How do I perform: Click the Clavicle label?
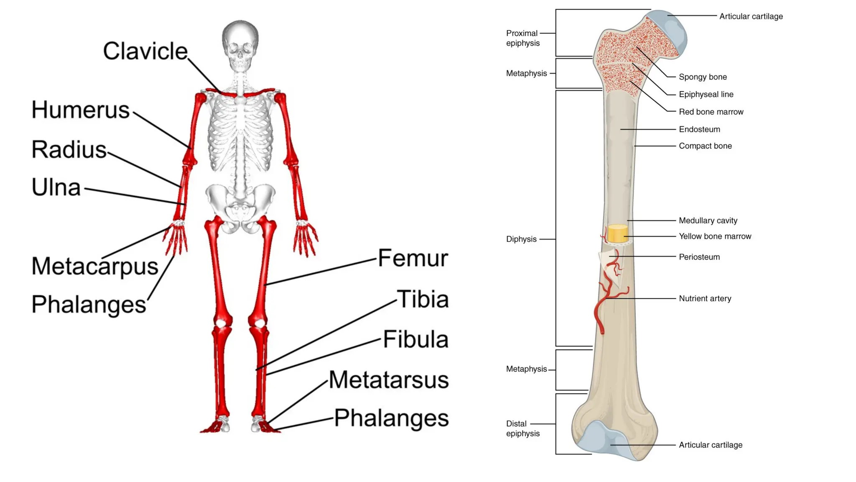[x=145, y=51]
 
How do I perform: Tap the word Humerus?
[x=81, y=110]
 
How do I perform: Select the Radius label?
[x=69, y=150]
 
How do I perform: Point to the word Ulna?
[x=56, y=187]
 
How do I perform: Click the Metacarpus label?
[x=95, y=266]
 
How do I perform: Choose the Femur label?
[x=413, y=258]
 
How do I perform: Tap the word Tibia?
[x=423, y=299]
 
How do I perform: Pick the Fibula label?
[x=415, y=339]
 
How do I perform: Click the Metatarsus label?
[x=389, y=380]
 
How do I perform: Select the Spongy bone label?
[x=703, y=77]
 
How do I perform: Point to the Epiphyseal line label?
[x=706, y=95]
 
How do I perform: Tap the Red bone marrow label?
[x=711, y=112]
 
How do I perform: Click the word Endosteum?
[x=699, y=130]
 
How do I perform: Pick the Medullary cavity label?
[x=708, y=220]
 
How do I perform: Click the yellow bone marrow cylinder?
[x=618, y=233]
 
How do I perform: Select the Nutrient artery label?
[x=705, y=299]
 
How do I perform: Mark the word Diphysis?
[x=521, y=239]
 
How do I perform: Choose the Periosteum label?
[x=699, y=257]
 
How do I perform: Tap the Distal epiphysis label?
[x=522, y=429]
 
